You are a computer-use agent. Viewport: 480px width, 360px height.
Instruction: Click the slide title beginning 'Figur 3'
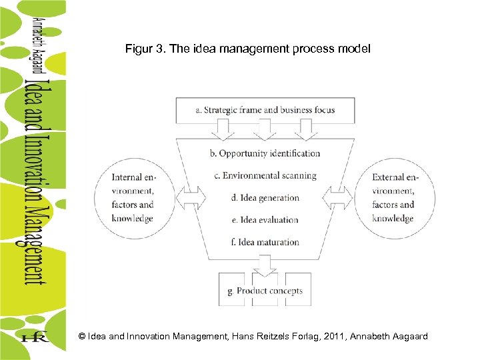click(x=247, y=49)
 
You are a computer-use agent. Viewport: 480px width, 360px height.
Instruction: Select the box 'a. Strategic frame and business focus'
click(x=265, y=110)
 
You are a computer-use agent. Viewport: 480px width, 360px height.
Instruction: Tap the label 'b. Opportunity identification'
click(x=265, y=153)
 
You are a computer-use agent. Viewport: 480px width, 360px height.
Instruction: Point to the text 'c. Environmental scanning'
click(x=265, y=175)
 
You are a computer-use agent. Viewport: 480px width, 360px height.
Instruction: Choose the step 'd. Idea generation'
click(x=265, y=197)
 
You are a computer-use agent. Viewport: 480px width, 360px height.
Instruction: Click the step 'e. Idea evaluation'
click(x=265, y=219)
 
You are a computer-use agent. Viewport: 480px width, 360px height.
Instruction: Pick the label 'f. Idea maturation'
click(x=265, y=242)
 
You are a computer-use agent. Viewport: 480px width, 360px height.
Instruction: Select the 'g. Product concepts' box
click(x=265, y=291)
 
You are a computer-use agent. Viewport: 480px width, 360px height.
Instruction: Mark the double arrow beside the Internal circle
click(x=193, y=197)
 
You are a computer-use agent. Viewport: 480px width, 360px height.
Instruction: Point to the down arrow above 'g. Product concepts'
click(x=265, y=266)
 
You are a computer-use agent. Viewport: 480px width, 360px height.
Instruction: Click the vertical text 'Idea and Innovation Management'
click(x=35, y=180)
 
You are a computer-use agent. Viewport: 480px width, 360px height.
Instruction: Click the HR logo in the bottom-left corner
click(x=35, y=337)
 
